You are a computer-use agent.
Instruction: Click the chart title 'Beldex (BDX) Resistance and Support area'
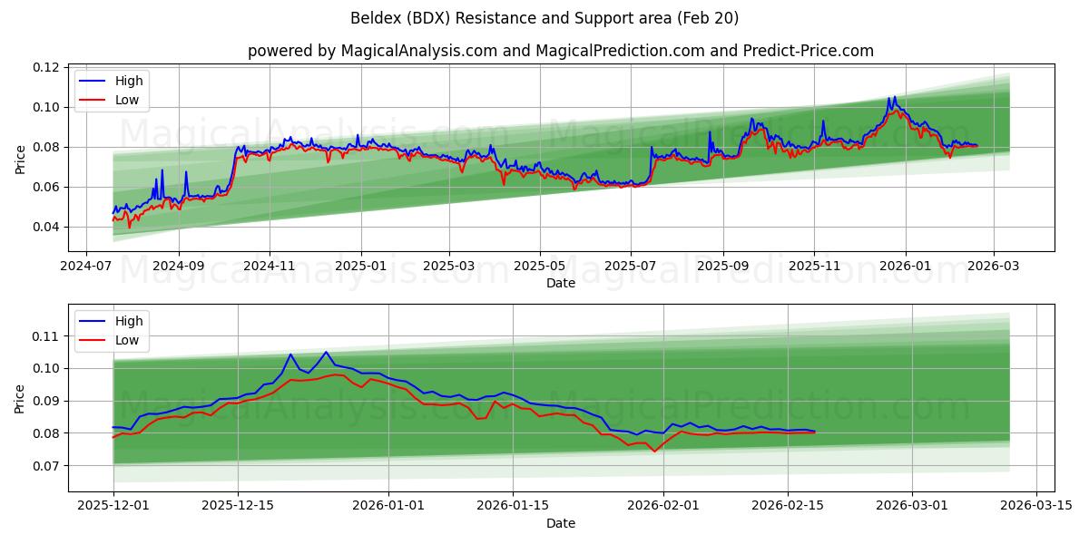click(x=544, y=18)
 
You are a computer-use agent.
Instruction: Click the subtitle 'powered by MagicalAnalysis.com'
click(x=373, y=51)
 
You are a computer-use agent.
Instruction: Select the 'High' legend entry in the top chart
click(x=128, y=81)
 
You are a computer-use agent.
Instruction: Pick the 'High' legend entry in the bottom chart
click(x=128, y=321)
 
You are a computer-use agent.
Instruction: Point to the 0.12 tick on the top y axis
click(x=46, y=68)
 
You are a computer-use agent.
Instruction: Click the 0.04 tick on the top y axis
click(x=46, y=227)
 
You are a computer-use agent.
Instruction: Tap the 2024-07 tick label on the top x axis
click(x=86, y=267)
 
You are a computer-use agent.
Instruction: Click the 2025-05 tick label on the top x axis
click(x=540, y=267)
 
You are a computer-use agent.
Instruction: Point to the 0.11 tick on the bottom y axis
click(x=46, y=336)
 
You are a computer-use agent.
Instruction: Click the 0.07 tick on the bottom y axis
click(x=46, y=466)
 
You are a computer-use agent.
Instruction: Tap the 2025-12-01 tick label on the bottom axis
click(x=113, y=506)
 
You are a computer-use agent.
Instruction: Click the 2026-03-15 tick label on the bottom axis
click(x=1035, y=506)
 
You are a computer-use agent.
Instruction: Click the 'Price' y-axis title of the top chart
click(x=20, y=159)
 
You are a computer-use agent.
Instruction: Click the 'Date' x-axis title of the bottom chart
click(x=561, y=523)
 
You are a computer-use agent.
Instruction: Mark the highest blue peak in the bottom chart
click(x=326, y=352)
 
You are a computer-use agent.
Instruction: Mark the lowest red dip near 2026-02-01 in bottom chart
click(x=653, y=452)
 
